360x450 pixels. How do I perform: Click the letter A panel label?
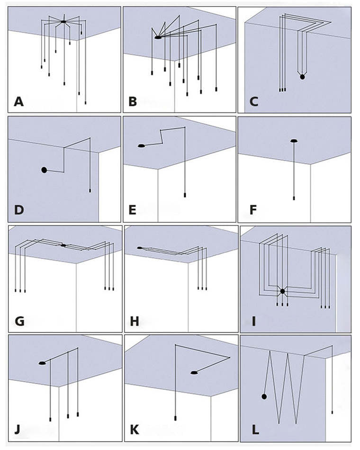click(18, 101)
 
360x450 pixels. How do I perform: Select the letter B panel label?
click(133, 101)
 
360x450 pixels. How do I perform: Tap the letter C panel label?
click(253, 101)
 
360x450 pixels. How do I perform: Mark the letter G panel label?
click(19, 321)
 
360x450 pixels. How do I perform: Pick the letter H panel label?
click(134, 321)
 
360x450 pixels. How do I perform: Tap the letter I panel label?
click(253, 321)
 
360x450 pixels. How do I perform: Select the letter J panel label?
click(18, 430)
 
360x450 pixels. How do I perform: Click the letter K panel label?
click(134, 430)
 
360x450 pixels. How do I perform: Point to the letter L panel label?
click(255, 430)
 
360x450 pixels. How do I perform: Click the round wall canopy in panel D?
click(44, 170)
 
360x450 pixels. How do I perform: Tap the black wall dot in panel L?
click(264, 396)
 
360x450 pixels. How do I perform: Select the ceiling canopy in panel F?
click(294, 141)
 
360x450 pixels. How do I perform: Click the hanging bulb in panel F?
click(294, 198)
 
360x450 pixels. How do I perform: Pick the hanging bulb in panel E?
click(185, 195)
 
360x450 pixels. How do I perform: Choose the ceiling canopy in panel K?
click(194, 373)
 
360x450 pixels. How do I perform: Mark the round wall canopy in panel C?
click(302, 77)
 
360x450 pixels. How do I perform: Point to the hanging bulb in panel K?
click(175, 418)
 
